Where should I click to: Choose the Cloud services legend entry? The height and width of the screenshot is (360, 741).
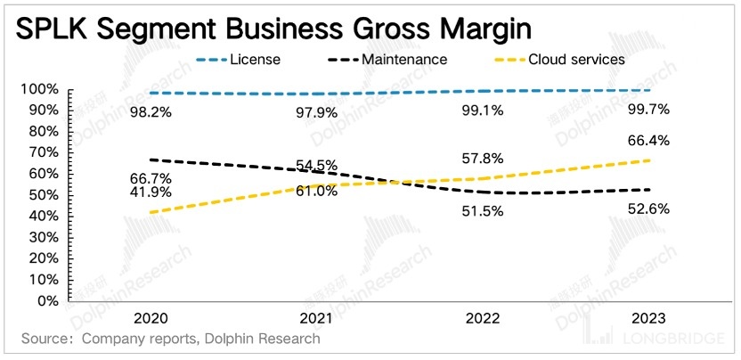576,60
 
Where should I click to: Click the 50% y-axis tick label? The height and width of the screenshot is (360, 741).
42,195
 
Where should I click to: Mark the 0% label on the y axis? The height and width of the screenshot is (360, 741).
45,301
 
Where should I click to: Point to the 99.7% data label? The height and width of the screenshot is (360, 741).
648,111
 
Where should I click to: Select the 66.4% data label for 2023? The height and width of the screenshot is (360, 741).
648,141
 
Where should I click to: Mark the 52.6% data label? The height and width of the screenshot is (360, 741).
648,209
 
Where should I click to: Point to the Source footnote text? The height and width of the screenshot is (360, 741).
170,339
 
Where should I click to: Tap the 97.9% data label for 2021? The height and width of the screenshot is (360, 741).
316,112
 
